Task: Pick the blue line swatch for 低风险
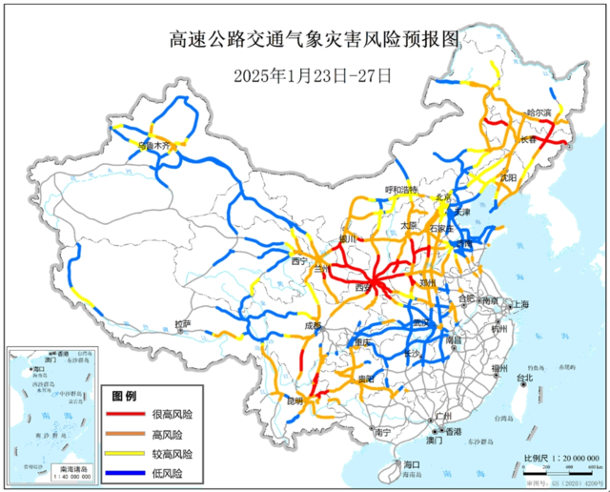point(124,473)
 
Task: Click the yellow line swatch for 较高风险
point(124,454)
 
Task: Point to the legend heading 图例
point(125,396)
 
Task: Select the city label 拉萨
point(184,325)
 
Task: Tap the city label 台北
point(524,379)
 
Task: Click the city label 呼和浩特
point(401,190)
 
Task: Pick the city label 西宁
point(300,260)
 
